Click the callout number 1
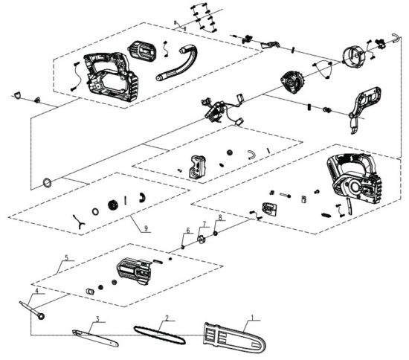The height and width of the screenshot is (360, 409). tap(254, 316)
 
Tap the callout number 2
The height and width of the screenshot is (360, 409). tap(167, 318)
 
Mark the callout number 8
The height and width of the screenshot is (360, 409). tap(220, 218)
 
